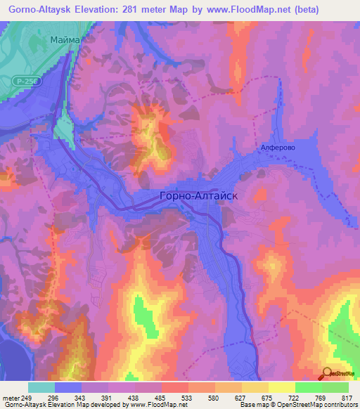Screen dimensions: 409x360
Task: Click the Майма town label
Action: [x=66, y=40]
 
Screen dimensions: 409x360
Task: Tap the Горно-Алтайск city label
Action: [x=200, y=197]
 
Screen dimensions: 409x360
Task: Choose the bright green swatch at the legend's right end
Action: [x=335, y=387]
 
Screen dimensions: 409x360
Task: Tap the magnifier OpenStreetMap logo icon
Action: [x=327, y=375]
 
